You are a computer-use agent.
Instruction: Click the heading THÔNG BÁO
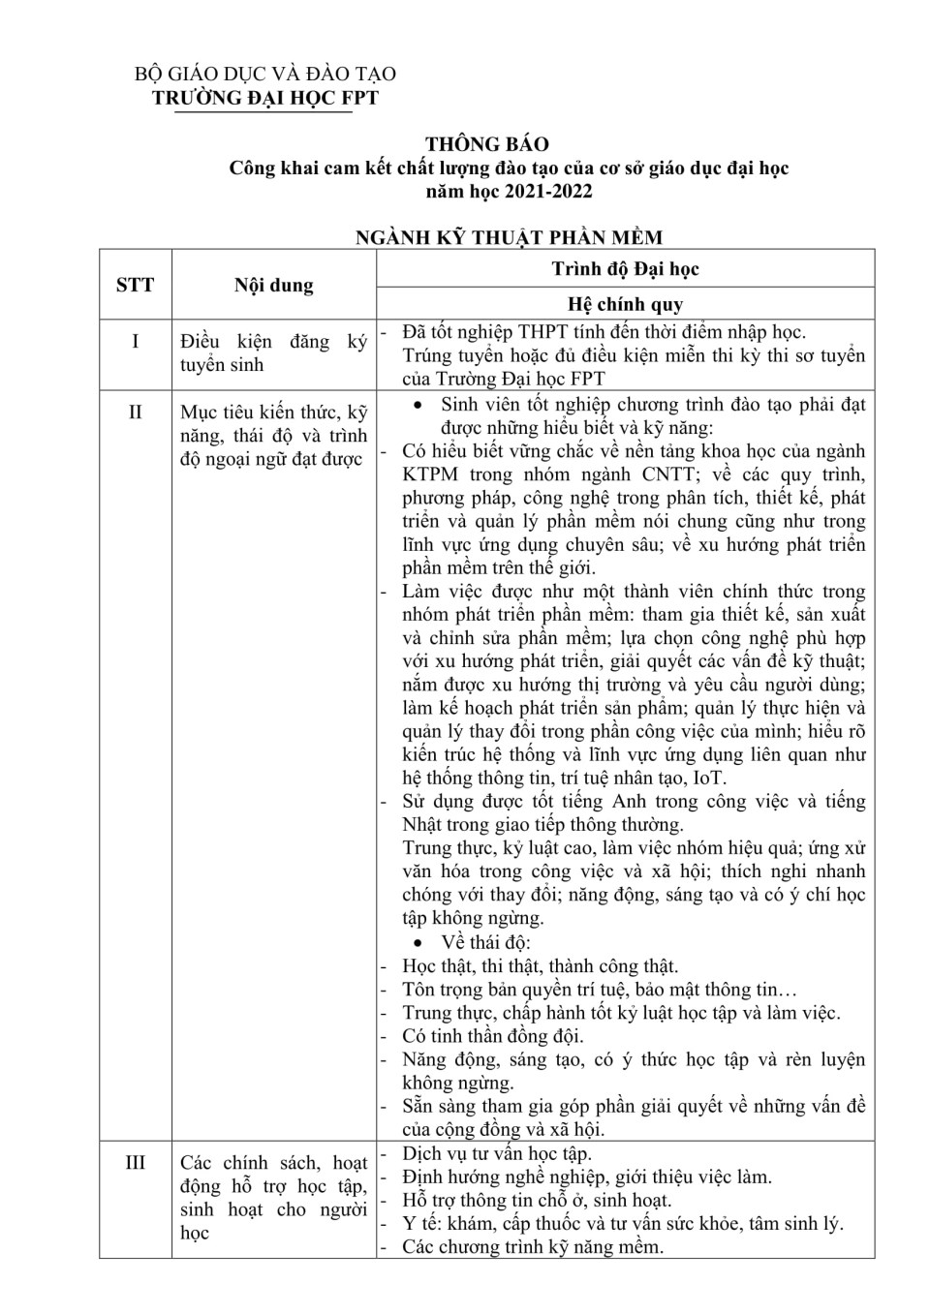point(486,144)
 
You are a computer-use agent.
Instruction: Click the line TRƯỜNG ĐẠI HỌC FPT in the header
point(265,98)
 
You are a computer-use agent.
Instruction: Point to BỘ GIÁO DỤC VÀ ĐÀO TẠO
point(265,75)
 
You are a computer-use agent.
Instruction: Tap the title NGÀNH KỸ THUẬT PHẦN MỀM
point(509,238)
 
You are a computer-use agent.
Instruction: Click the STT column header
point(136,285)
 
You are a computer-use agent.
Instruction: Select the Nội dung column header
point(274,286)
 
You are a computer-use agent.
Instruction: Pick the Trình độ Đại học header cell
point(625,269)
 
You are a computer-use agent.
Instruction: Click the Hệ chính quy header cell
point(625,304)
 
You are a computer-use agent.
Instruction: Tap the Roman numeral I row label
point(136,341)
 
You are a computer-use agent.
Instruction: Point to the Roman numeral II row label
point(136,412)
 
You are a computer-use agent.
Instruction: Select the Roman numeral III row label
point(136,1162)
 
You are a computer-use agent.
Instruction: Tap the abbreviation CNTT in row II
point(668,474)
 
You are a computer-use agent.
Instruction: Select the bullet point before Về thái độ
point(418,943)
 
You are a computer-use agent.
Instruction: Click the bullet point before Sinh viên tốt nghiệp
point(418,406)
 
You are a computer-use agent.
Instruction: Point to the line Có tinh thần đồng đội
point(493,1036)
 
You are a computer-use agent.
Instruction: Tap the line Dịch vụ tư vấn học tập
point(497,1153)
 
